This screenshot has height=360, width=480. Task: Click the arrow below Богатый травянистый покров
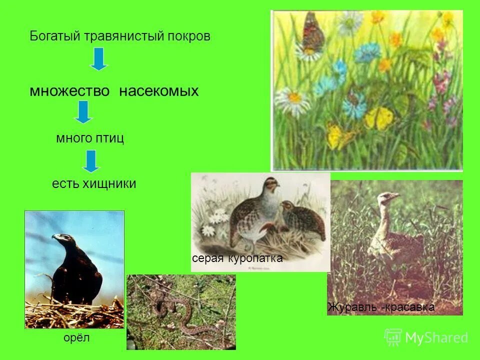99,58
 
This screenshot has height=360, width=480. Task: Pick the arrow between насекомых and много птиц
83,112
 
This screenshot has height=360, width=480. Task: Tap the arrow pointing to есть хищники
91,161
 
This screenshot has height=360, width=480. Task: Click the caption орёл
76,338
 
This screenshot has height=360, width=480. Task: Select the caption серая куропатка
237,258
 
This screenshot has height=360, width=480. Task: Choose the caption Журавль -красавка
381,307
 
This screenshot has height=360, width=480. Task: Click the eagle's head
61,238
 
